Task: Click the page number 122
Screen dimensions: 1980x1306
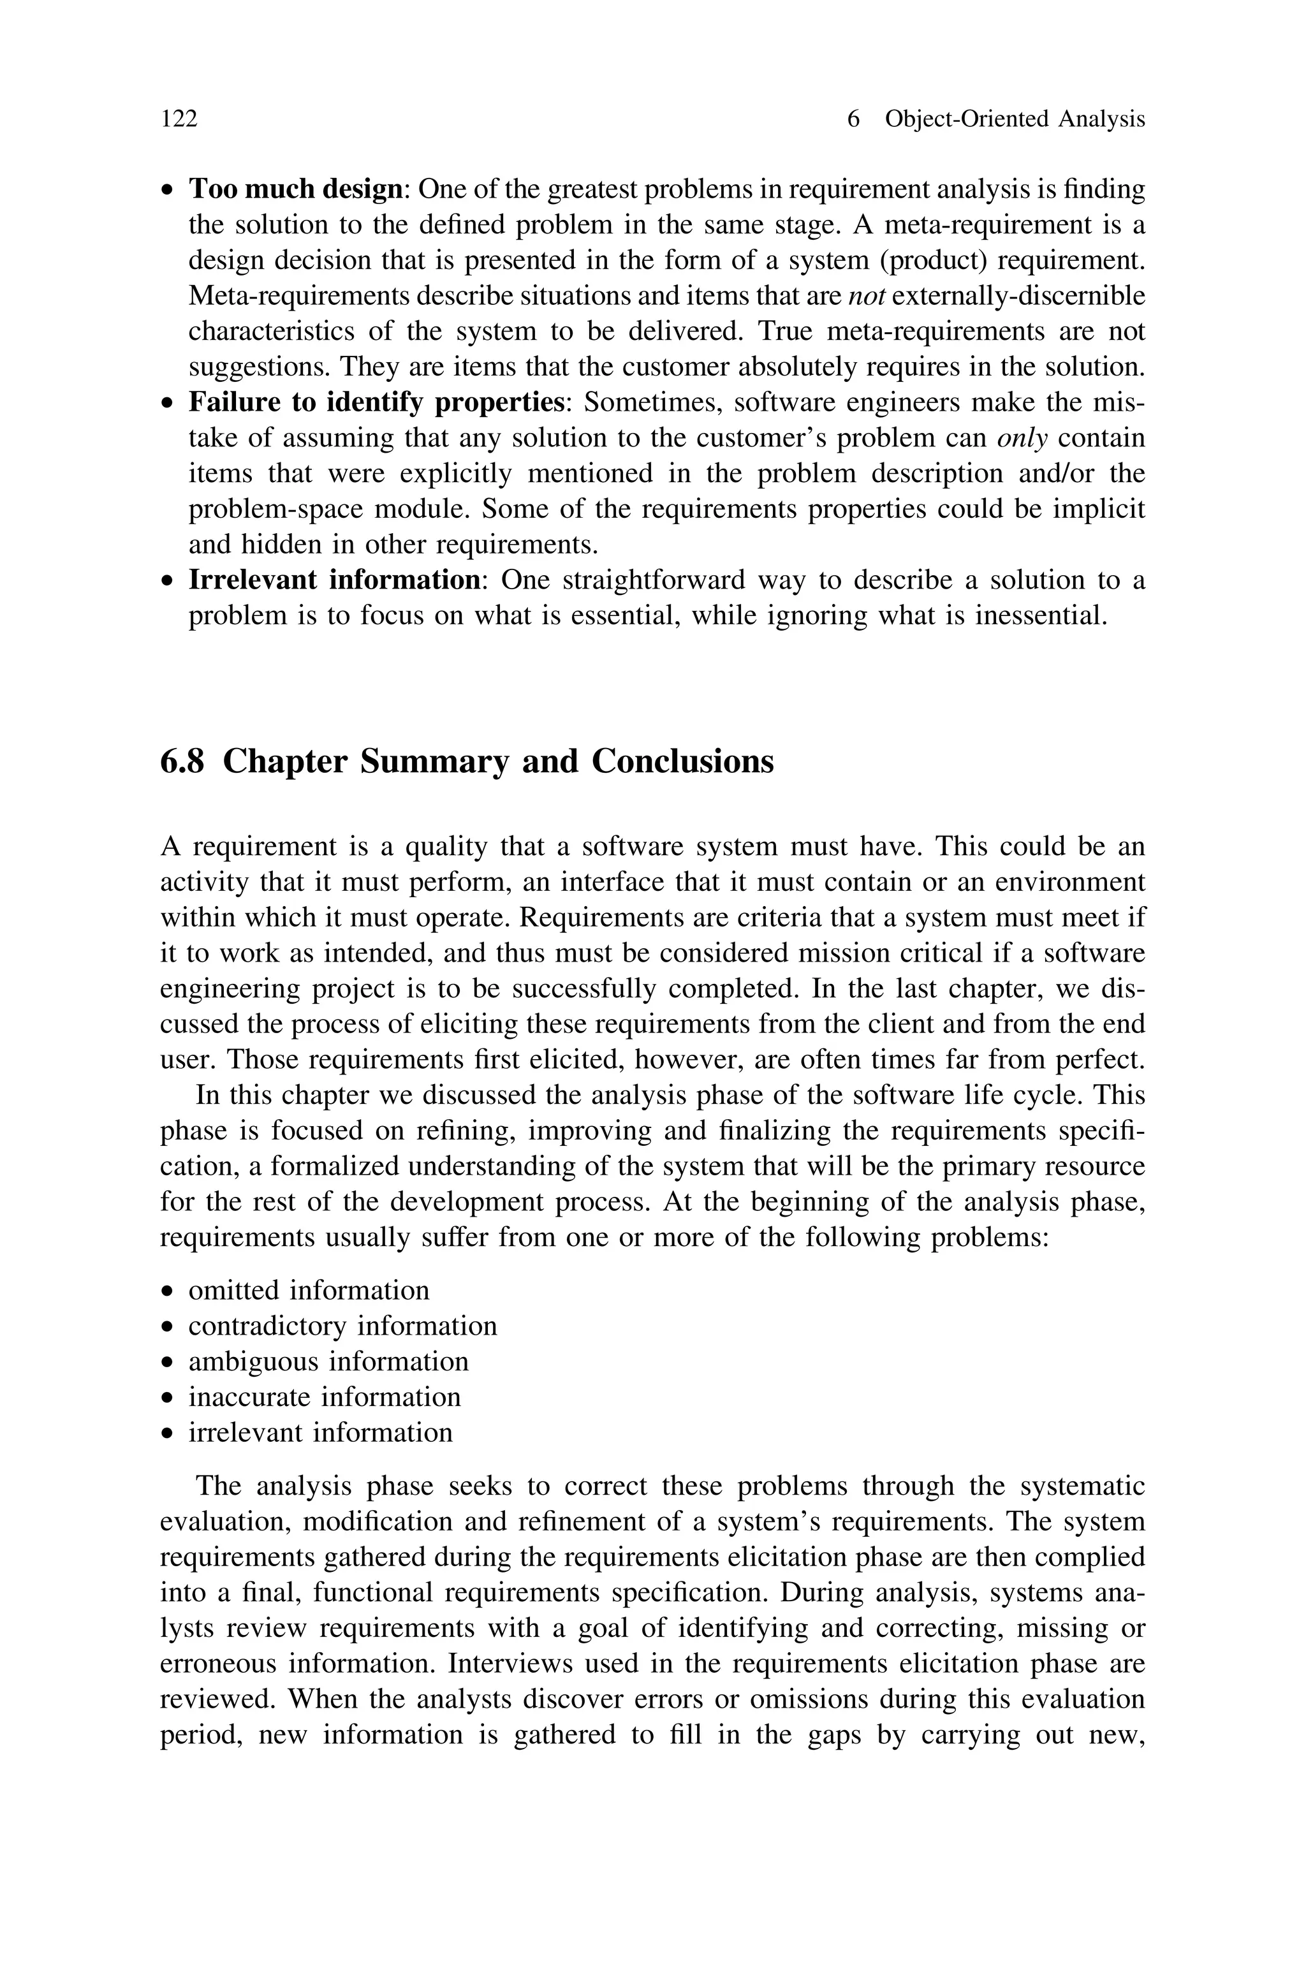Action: [179, 119]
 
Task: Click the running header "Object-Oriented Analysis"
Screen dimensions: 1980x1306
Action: [1015, 119]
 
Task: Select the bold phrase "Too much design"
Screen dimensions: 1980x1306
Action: [296, 190]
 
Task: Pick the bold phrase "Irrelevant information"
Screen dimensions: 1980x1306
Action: [334, 580]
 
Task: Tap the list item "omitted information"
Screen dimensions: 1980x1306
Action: [309, 1291]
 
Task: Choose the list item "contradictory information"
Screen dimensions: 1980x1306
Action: [342, 1326]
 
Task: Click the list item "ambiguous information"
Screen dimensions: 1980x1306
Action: [328, 1361]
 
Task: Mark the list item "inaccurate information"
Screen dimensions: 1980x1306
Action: [324, 1397]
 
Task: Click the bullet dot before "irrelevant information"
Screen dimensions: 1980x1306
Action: [168, 1434]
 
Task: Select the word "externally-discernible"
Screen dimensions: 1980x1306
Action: [1018, 297]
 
